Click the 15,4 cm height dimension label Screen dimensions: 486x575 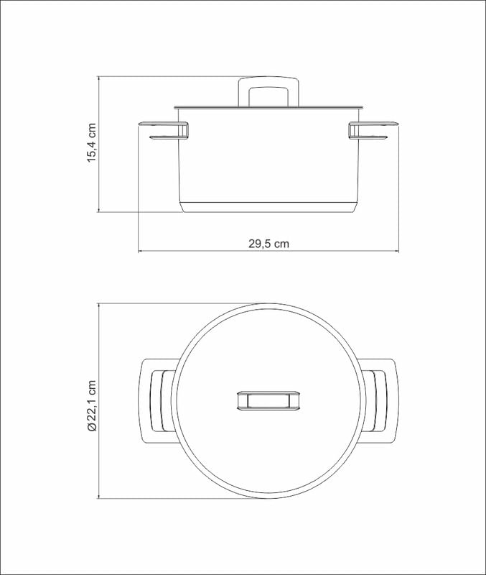92,143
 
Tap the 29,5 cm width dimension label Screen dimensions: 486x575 268,244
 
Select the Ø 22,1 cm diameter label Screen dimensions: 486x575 92,406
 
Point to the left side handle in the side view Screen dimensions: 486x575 164,131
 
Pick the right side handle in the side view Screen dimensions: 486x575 373,131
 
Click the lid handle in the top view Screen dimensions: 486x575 268,400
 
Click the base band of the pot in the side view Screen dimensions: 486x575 268,207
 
